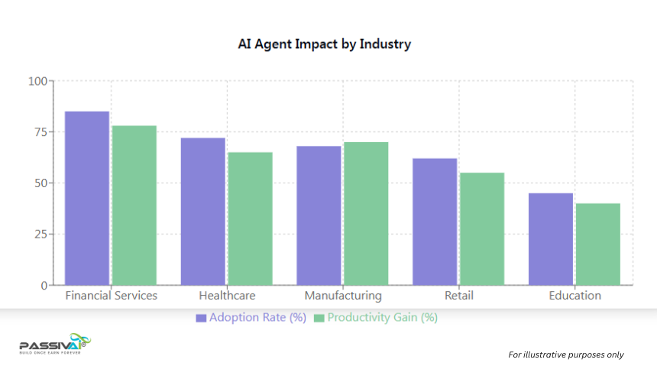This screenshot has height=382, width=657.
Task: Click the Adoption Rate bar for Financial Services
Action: coord(87,199)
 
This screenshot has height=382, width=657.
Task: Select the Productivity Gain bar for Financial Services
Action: coord(134,206)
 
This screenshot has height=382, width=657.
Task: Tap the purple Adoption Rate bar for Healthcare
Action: coord(203,212)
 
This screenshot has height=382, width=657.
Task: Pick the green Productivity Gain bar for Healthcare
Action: coord(250,219)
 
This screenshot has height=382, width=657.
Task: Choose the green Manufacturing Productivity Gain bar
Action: coord(366,214)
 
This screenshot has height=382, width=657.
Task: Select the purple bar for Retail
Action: coord(435,222)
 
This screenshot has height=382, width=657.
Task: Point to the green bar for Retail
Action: coord(482,229)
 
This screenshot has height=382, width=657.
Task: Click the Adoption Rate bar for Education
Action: coord(551,239)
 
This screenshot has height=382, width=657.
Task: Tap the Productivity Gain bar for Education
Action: coord(598,244)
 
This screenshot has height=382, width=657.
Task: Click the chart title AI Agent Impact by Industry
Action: coord(325,44)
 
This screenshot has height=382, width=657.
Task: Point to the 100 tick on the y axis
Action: coord(37,81)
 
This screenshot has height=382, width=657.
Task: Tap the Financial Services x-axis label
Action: coord(112,296)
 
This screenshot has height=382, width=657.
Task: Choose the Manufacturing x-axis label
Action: coord(342,296)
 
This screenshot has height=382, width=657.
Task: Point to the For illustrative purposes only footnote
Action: coord(566,354)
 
